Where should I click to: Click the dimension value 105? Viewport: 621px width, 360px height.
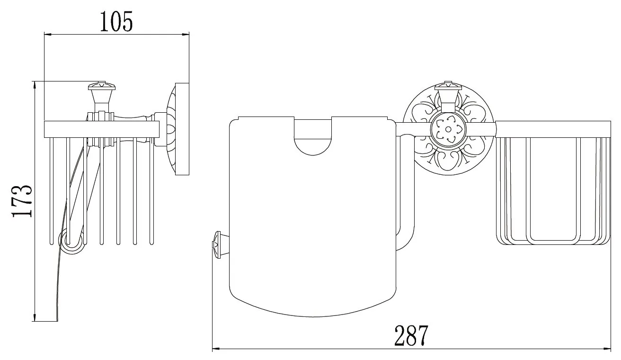pyautogui.click(x=116, y=21)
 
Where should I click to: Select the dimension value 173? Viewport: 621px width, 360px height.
pyautogui.click(x=22, y=201)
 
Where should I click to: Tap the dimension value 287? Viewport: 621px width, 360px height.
pyautogui.click(x=411, y=335)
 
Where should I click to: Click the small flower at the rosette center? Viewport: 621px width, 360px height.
pyautogui.click(x=448, y=129)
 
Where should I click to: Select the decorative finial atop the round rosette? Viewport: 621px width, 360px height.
pyautogui.click(x=448, y=96)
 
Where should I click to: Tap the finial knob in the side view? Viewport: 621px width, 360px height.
pyautogui.click(x=101, y=96)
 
